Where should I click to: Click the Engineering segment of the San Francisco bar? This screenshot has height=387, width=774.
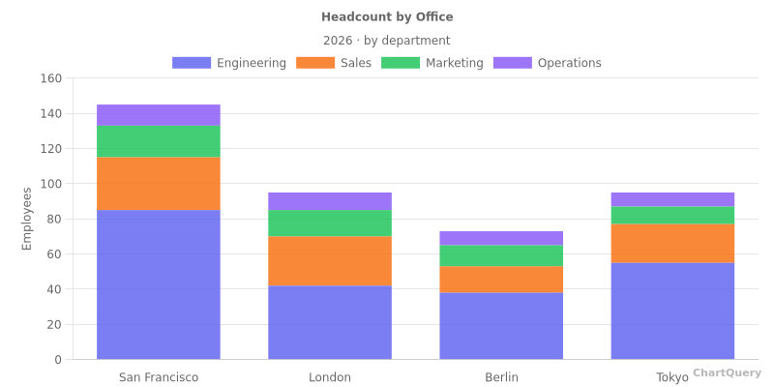[159, 284]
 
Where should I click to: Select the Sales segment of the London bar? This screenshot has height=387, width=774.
[330, 261]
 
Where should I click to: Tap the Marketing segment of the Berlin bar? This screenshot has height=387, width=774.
[501, 255]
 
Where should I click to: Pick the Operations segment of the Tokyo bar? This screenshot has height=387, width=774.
[672, 199]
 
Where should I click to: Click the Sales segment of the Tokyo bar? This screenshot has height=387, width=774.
[672, 243]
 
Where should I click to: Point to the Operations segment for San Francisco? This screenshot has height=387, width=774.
[159, 115]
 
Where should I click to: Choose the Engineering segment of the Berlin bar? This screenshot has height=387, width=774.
[501, 326]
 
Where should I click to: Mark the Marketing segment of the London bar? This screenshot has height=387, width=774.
[330, 223]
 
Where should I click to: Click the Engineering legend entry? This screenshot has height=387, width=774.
[229, 63]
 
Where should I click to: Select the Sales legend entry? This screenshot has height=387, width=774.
[334, 63]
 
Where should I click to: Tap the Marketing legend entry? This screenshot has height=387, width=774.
[432, 63]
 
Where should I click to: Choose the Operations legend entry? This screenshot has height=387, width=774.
[548, 63]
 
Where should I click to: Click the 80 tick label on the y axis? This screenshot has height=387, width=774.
[54, 219]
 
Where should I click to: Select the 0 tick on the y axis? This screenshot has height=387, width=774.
[58, 360]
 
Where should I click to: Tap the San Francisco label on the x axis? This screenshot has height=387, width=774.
[159, 377]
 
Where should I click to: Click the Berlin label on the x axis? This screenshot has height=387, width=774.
[501, 377]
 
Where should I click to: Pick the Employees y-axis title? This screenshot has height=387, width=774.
[27, 219]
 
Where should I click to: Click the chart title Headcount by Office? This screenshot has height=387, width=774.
[387, 17]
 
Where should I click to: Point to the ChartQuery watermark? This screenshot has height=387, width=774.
[727, 372]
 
